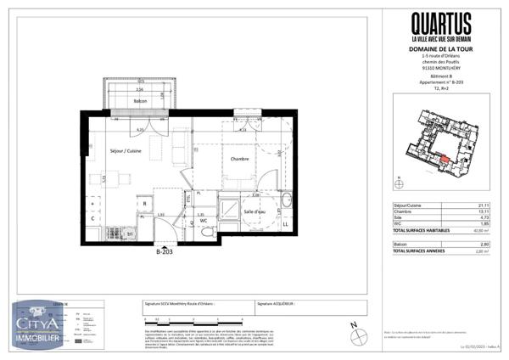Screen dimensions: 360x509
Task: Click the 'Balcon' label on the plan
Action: (141, 101)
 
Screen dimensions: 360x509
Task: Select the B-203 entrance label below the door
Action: (165, 251)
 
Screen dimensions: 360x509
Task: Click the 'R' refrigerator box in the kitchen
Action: (144, 205)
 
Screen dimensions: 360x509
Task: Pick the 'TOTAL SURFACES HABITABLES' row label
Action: (418, 231)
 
